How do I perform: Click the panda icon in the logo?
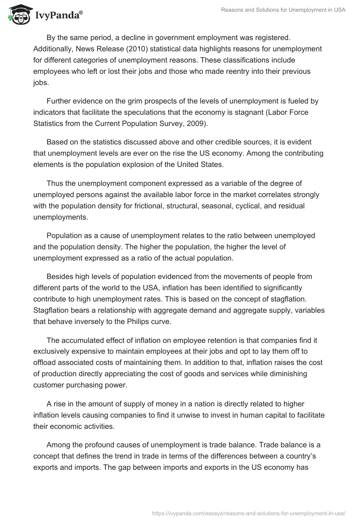click(x=18, y=14)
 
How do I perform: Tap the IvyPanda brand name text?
click(x=58, y=15)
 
